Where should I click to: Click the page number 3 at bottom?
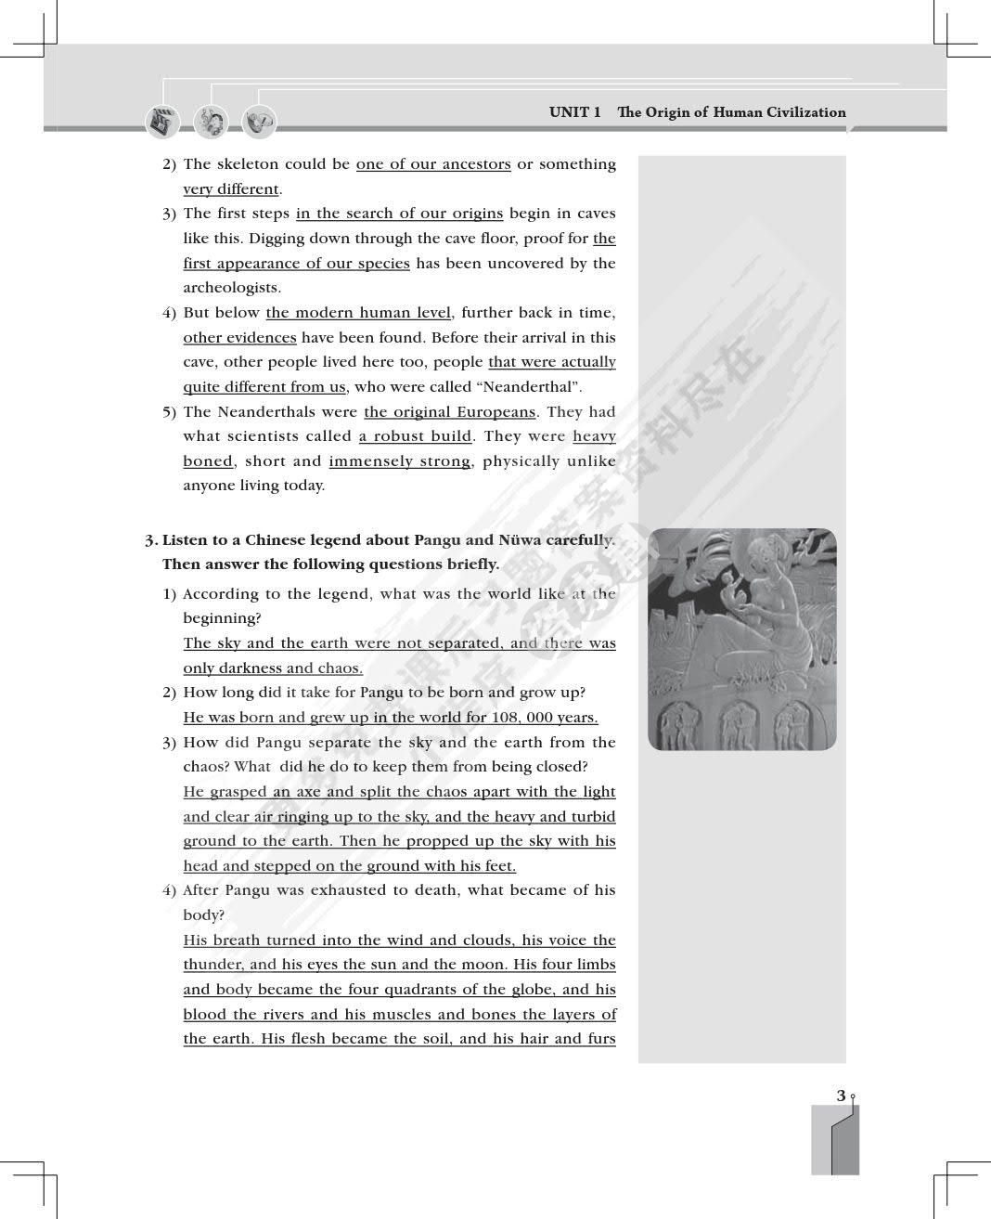(841, 1096)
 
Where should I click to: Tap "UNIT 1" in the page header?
(574, 112)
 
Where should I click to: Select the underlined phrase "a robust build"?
(416, 436)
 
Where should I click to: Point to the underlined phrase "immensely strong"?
(399, 461)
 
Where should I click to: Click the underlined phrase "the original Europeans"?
(450, 412)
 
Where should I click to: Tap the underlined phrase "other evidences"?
(239, 338)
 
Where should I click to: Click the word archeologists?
(232, 288)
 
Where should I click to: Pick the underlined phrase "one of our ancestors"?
(433, 164)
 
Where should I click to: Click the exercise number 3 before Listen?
(149, 540)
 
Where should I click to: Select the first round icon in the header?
(162, 123)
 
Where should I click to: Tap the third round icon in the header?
(259, 123)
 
